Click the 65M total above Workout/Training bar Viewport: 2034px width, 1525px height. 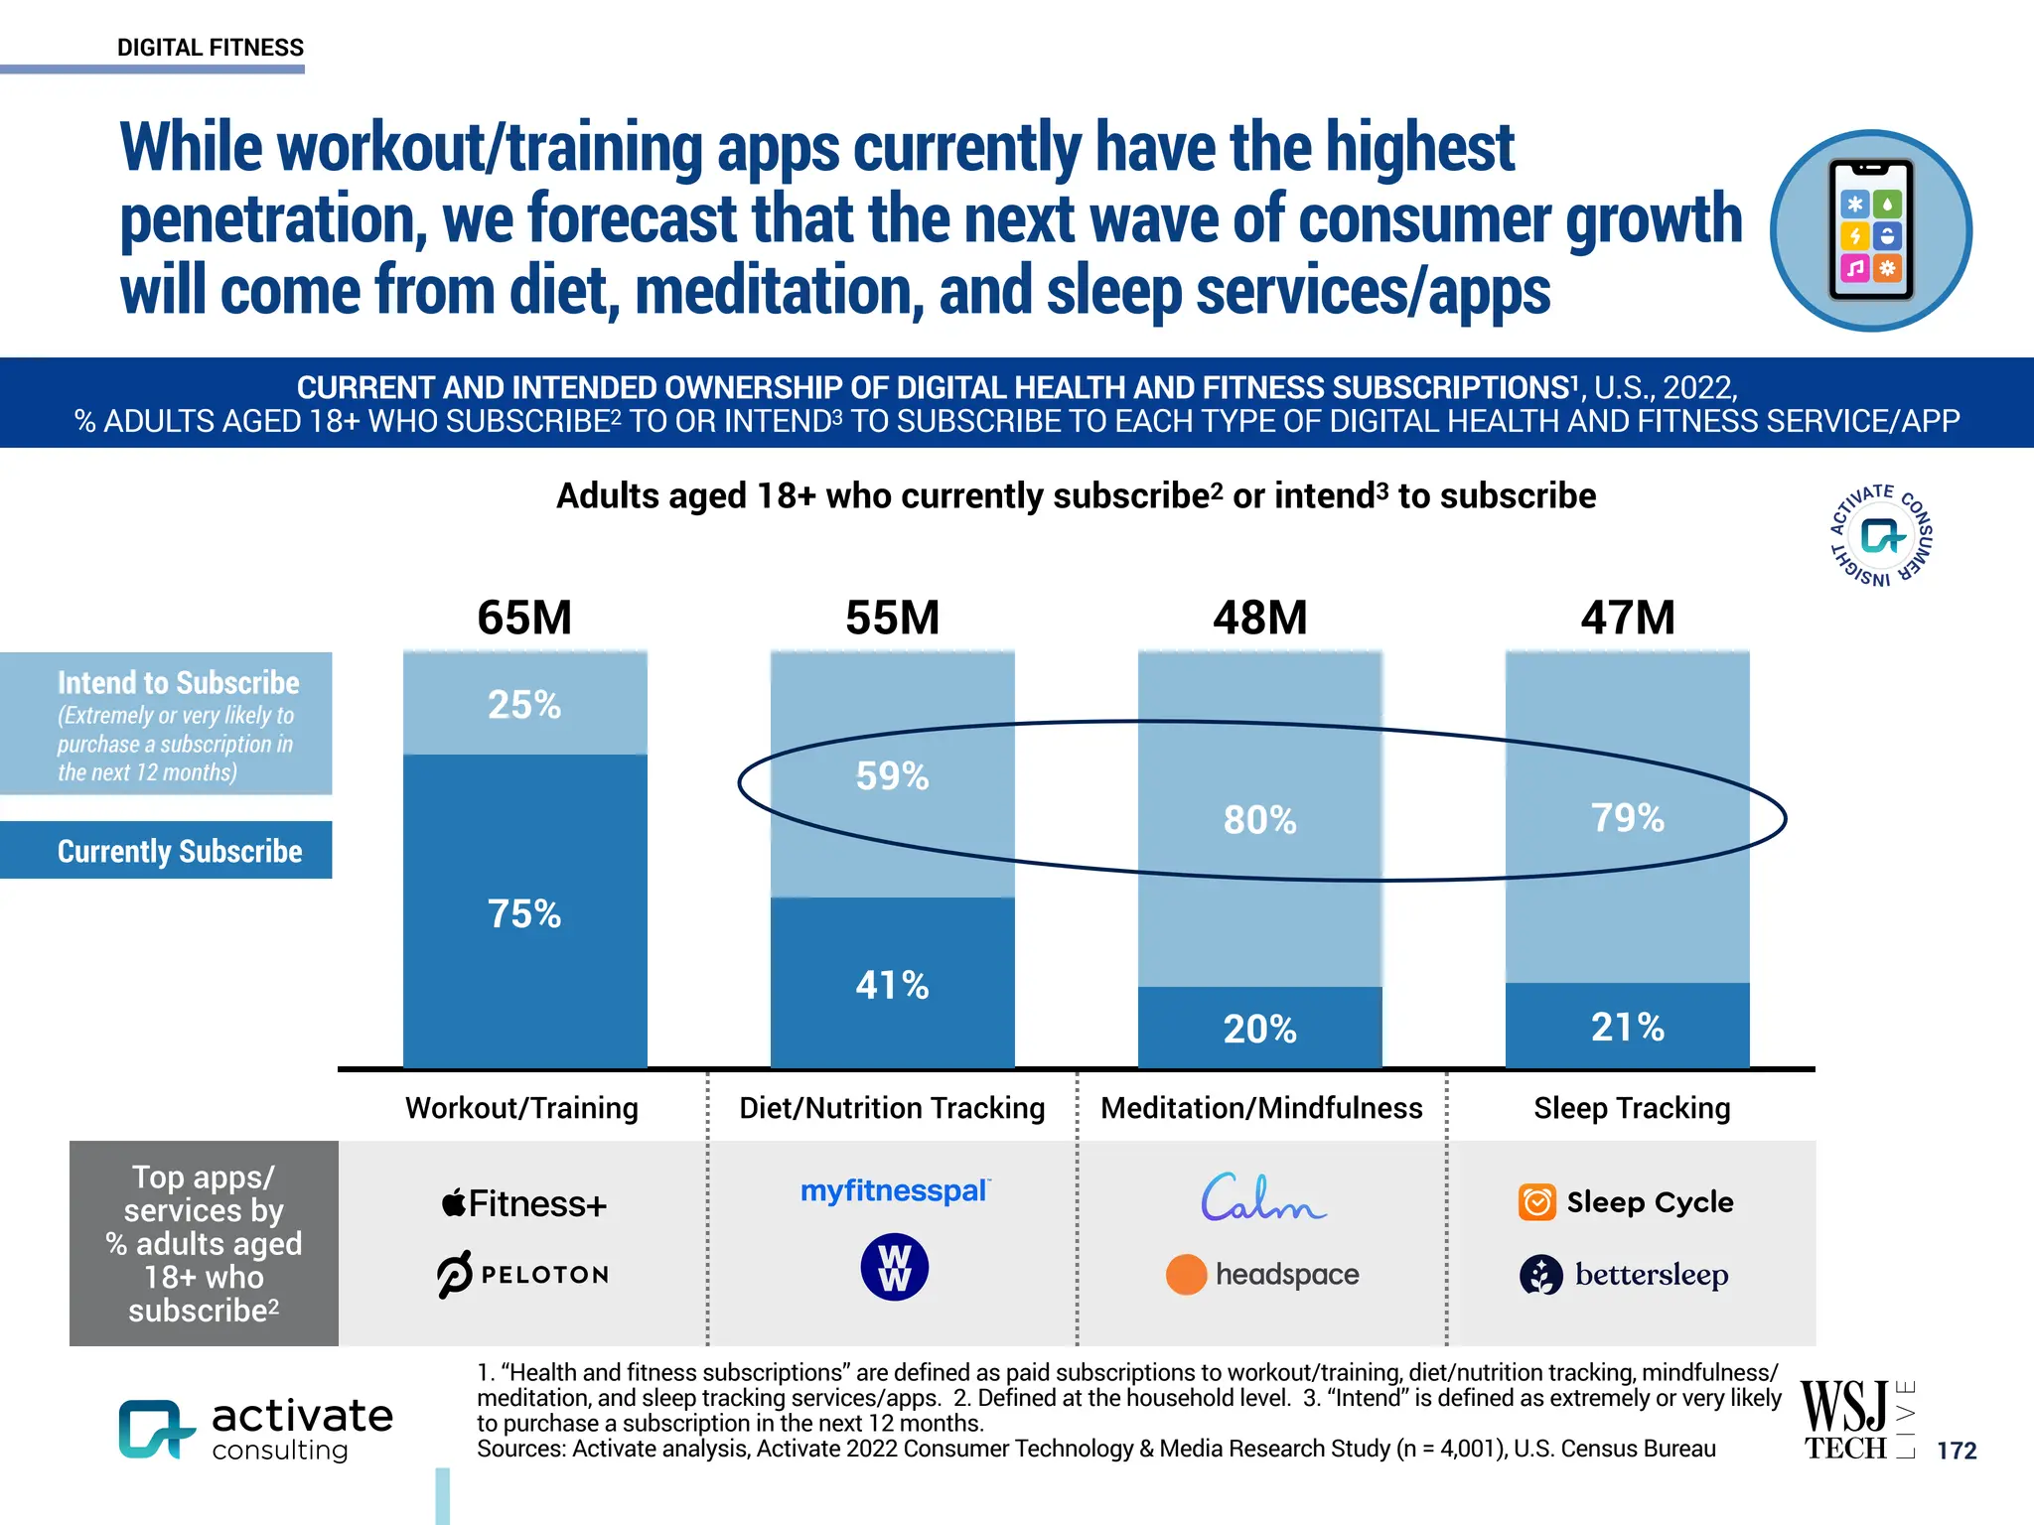[x=524, y=618]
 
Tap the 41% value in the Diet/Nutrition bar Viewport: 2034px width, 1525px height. [x=892, y=985]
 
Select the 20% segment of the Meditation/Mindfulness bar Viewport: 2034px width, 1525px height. [x=1259, y=1029]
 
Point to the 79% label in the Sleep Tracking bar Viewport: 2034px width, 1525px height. [x=1627, y=818]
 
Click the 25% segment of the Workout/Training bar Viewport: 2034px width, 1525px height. [x=524, y=704]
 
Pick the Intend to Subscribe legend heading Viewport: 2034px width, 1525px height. [x=178, y=683]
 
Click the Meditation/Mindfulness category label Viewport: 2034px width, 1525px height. [x=1261, y=1108]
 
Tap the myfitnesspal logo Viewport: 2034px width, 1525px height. [x=894, y=1190]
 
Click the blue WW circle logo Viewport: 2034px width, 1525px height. [x=894, y=1268]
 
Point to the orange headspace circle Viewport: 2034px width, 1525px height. [x=1186, y=1274]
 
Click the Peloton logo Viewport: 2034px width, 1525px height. [x=523, y=1274]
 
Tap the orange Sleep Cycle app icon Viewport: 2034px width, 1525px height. [x=1536, y=1202]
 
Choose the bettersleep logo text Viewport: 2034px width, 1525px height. [x=1651, y=1274]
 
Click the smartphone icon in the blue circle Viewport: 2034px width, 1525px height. [x=1871, y=230]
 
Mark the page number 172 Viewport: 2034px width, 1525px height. [x=1957, y=1451]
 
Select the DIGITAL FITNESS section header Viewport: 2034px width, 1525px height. [x=211, y=48]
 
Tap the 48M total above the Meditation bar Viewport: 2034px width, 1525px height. [x=1259, y=618]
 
